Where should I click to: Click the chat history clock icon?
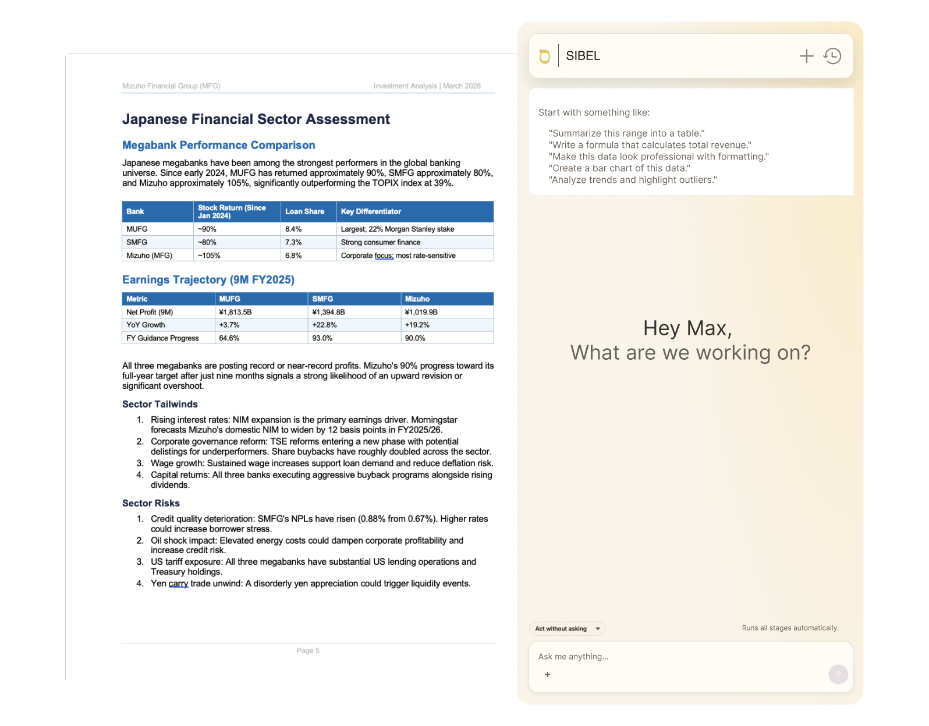tap(832, 56)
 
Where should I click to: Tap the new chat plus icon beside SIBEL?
tap(806, 56)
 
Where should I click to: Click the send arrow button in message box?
tap(838, 675)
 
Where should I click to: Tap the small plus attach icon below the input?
tap(547, 675)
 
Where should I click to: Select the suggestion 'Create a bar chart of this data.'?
tap(619, 168)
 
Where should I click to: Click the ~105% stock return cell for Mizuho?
tap(209, 256)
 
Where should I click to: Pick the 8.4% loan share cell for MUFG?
tap(293, 229)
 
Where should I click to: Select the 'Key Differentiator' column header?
tap(371, 211)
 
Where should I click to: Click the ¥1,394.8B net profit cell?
tap(328, 312)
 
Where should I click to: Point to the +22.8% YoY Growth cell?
tap(324, 325)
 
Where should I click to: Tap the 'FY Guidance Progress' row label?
tap(162, 338)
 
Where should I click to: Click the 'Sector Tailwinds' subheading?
tap(160, 404)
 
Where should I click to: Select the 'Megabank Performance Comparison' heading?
tap(218, 145)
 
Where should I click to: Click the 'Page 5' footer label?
tap(308, 651)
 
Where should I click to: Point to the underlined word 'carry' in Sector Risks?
tap(178, 583)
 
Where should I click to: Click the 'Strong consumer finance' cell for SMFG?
tap(380, 242)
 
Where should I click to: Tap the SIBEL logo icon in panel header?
tap(544, 56)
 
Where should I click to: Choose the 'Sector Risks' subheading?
tap(151, 503)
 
